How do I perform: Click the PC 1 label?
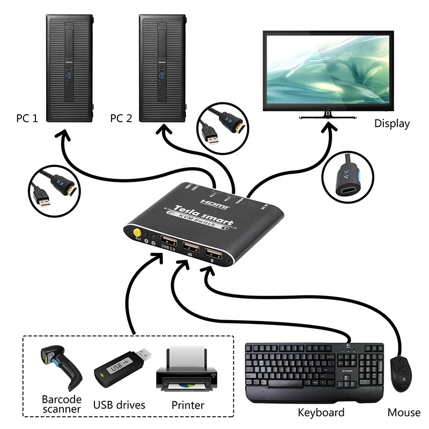[27, 118]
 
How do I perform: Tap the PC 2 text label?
[121, 118]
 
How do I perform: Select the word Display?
[391, 124]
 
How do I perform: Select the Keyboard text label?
[321, 412]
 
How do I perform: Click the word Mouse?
[404, 412]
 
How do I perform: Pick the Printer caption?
[188, 405]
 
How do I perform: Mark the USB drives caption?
[119, 405]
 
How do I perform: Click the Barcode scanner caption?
[62, 404]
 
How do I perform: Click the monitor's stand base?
[327, 116]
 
